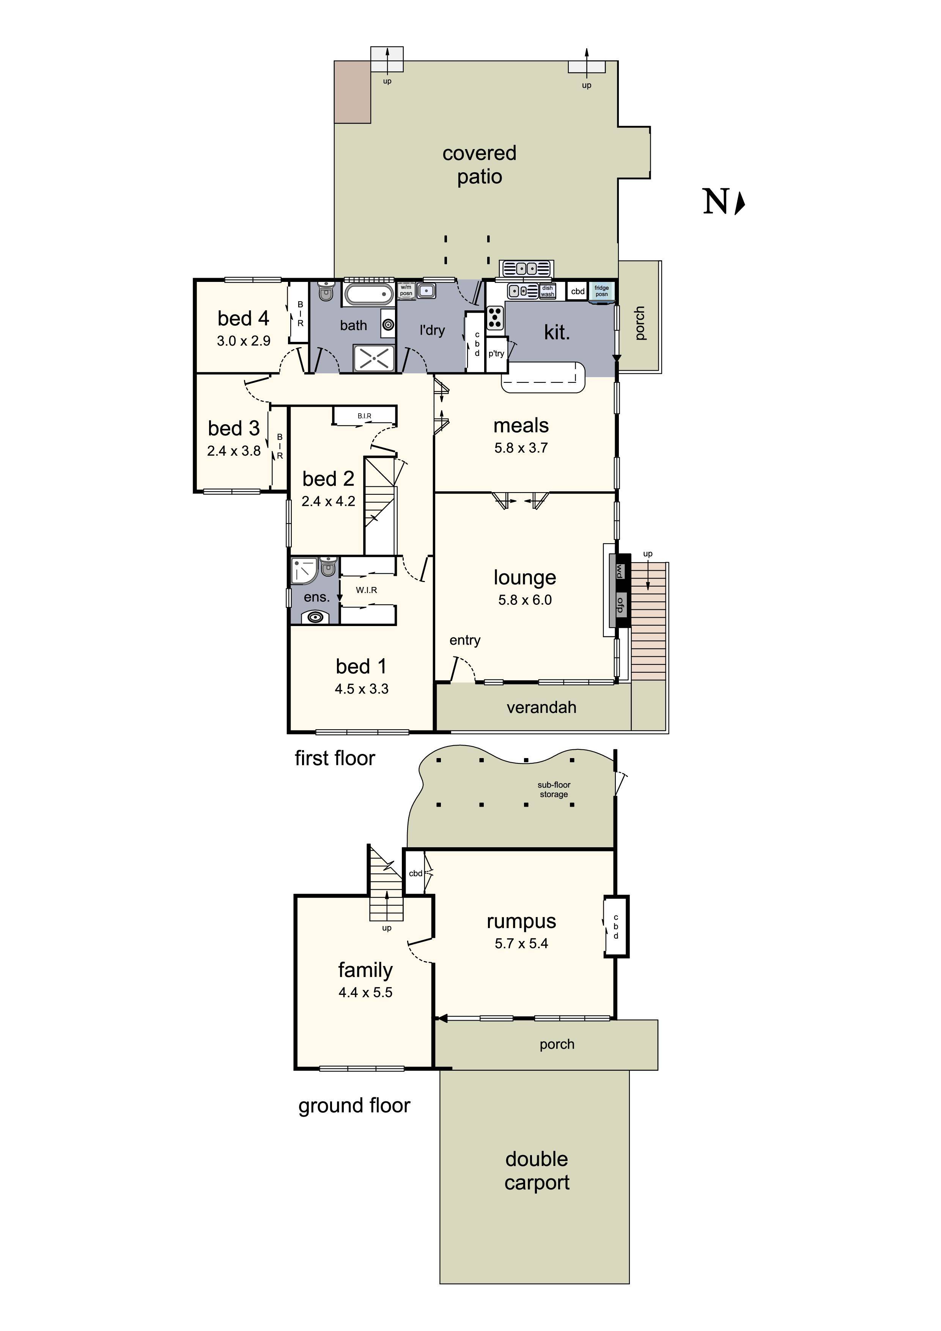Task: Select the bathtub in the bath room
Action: click(x=369, y=294)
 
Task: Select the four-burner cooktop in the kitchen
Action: click(x=494, y=318)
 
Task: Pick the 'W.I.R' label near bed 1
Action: click(x=367, y=590)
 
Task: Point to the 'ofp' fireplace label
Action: click(x=620, y=605)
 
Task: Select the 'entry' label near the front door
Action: click(x=464, y=640)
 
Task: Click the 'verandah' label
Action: click(x=541, y=707)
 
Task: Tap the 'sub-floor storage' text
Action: click(x=554, y=790)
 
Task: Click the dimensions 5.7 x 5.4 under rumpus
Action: click(x=521, y=943)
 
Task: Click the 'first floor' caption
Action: click(x=335, y=758)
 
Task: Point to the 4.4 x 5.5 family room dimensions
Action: click(x=365, y=993)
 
